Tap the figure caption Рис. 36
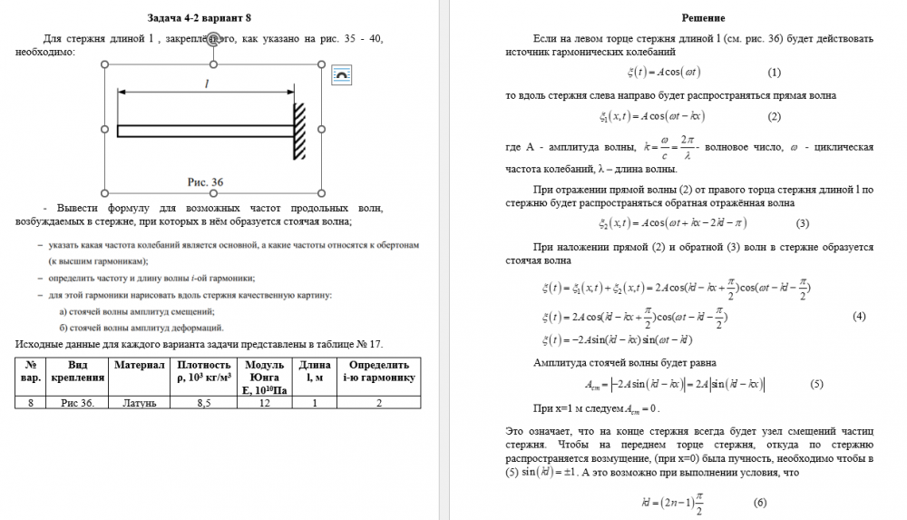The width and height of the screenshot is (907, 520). click(x=205, y=182)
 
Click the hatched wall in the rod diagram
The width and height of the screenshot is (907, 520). click(x=297, y=130)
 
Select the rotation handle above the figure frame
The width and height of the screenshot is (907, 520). click(x=213, y=39)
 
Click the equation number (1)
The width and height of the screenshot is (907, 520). click(x=774, y=72)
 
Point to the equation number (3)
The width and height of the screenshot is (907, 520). click(x=802, y=223)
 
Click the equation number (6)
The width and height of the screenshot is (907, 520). click(x=760, y=503)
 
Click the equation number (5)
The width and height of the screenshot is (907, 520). click(x=815, y=384)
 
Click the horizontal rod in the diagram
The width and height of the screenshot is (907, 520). click(x=204, y=131)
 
